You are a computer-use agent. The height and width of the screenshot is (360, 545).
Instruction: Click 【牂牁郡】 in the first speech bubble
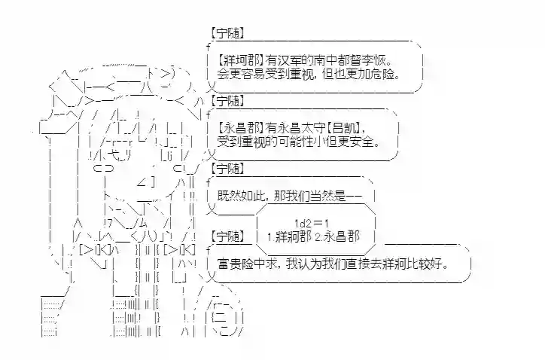click(x=237, y=60)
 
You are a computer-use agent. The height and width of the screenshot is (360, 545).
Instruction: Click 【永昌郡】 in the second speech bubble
click(x=237, y=126)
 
